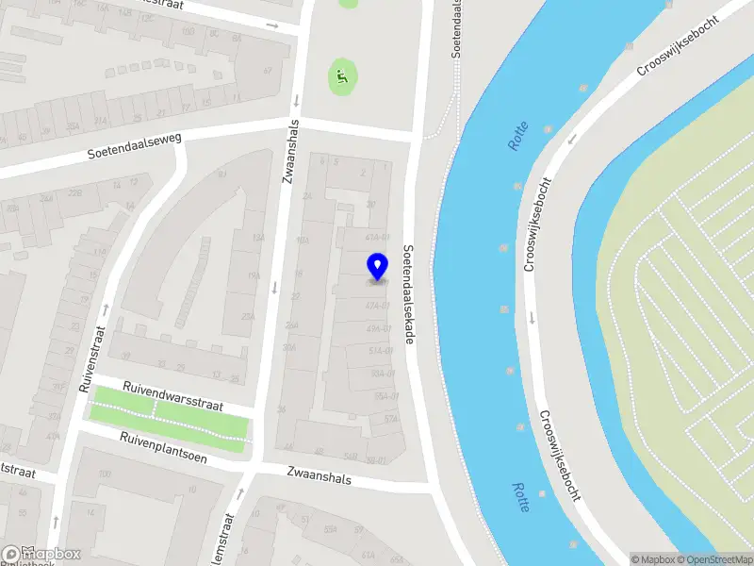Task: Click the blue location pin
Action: coord(377,267)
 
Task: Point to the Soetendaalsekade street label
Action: coord(408,294)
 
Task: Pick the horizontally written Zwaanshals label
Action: coord(320,478)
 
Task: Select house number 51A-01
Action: coord(379,351)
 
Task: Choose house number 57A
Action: coord(392,418)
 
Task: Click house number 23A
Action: coord(248,317)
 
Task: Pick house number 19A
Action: coord(253,275)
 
